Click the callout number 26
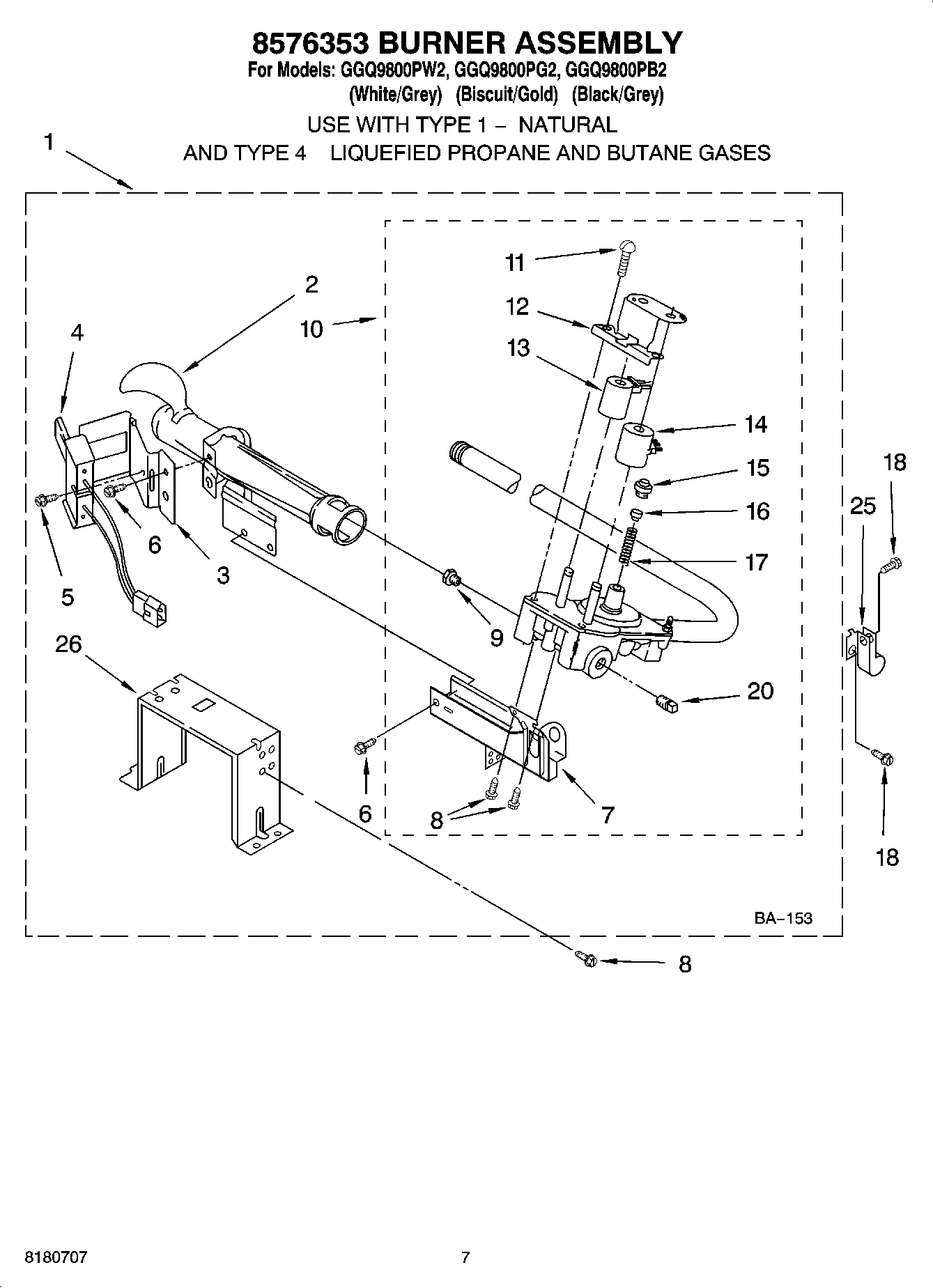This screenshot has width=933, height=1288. point(68,644)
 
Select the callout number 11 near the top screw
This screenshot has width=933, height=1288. point(515,263)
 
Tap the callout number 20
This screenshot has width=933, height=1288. point(760,691)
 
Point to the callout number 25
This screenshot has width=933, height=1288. point(863,506)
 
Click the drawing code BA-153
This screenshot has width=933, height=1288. point(782,918)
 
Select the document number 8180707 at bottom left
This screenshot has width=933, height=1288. point(56,1257)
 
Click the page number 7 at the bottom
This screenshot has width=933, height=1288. point(465,1257)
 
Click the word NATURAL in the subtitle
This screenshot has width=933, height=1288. point(568,125)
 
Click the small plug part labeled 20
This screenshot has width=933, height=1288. point(666,705)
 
